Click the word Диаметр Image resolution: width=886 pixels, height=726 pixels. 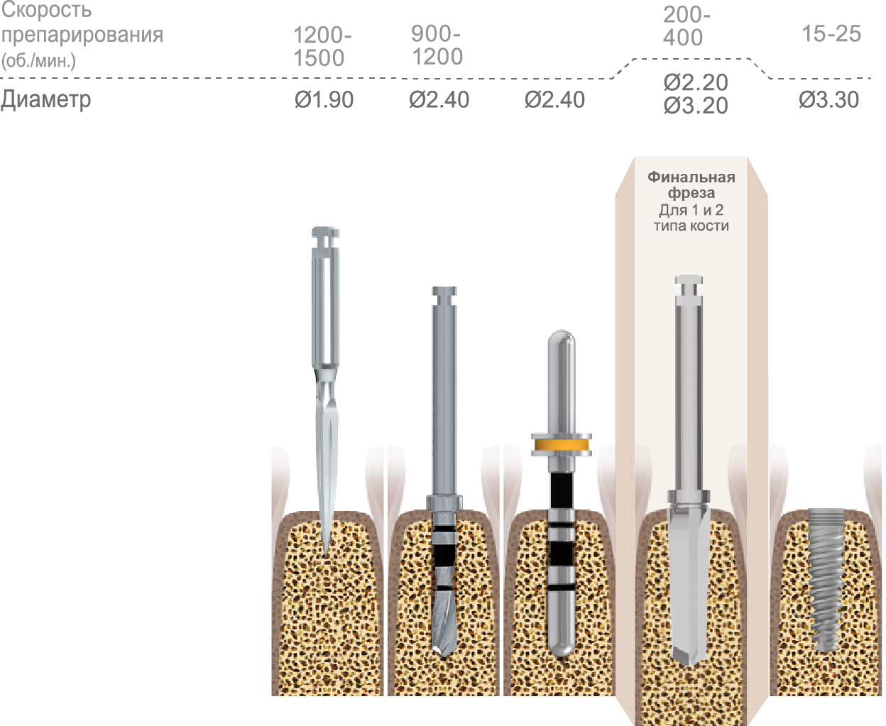(x=46, y=99)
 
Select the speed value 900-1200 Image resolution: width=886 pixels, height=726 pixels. (x=437, y=45)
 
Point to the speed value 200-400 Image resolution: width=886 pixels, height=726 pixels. (x=686, y=26)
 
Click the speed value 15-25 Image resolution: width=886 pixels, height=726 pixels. (x=831, y=33)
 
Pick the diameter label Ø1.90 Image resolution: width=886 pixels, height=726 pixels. (x=324, y=100)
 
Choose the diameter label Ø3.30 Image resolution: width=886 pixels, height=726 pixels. (x=828, y=100)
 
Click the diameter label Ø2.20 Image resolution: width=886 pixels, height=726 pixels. (x=696, y=82)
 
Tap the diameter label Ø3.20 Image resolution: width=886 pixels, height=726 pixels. (x=696, y=106)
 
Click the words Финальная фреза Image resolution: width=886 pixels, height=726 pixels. (x=691, y=185)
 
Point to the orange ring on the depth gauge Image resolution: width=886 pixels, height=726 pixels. (x=562, y=445)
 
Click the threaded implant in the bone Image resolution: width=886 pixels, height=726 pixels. (x=826, y=578)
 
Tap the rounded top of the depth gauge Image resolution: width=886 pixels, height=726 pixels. (x=562, y=339)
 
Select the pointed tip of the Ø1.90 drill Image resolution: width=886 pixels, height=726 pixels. (x=326, y=546)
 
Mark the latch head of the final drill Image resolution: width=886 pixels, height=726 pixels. (x=688, y=284)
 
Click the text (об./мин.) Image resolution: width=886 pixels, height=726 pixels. (x=39, y=60)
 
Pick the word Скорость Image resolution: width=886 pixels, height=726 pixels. (x=46, y=10)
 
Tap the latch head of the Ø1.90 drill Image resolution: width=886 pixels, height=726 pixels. (x=326, y=234)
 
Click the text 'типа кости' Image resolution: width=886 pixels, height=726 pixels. (x=691, y=226)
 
